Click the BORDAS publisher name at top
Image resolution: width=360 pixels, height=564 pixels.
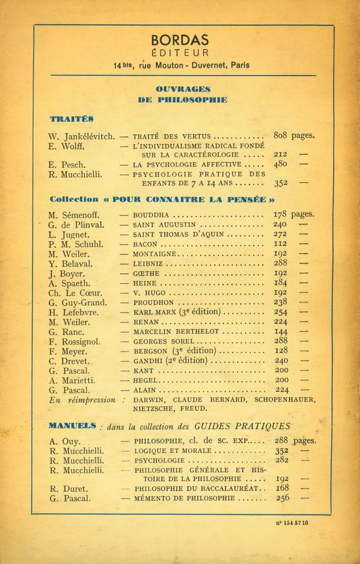(x=179, y=40)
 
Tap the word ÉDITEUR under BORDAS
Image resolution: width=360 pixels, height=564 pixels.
(x=180, y=53)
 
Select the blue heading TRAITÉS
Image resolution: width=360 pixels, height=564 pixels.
(x=71, y=119)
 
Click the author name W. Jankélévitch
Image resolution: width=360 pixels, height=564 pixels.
(x=82, y=136)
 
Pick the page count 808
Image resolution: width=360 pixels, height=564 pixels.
(x=280, y=135)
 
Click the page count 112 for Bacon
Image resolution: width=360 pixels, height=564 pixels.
(x=280, y=244)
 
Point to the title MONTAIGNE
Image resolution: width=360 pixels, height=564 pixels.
(x=154, y=254)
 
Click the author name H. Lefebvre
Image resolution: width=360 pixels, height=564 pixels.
(x=74, y=312)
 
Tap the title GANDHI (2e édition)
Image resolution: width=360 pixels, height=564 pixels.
(x=170, y=360)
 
